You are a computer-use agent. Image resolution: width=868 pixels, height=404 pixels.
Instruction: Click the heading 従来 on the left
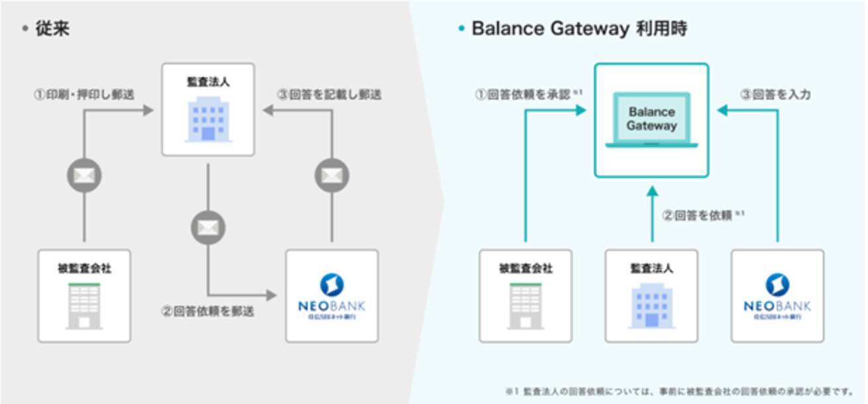coord(52,29)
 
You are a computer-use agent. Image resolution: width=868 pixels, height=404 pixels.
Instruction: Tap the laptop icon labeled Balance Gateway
coord(651,120)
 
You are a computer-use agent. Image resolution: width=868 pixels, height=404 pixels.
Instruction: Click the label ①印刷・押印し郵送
coord(84,95)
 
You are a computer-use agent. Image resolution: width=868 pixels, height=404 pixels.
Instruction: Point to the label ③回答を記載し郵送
coord(329,95)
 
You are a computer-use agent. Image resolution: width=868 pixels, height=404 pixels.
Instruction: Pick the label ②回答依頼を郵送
coord(207,311)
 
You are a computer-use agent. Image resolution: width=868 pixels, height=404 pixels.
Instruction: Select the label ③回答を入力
coord(775,95)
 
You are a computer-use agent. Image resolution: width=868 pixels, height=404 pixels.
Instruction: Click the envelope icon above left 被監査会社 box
coord(84,176)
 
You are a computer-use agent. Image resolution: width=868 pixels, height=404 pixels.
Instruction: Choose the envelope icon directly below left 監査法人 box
coord(208,228)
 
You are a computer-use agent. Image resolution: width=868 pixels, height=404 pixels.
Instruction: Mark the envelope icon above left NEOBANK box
coord(331,176)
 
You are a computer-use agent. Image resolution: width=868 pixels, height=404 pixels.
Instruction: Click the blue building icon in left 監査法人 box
coord(208,119)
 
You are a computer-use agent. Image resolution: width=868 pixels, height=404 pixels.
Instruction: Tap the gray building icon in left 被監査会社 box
coord(84,305)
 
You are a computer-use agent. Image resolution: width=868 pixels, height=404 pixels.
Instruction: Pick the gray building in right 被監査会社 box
coord(525,305)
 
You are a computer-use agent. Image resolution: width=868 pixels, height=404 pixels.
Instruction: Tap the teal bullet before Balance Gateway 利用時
coord(461,30)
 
